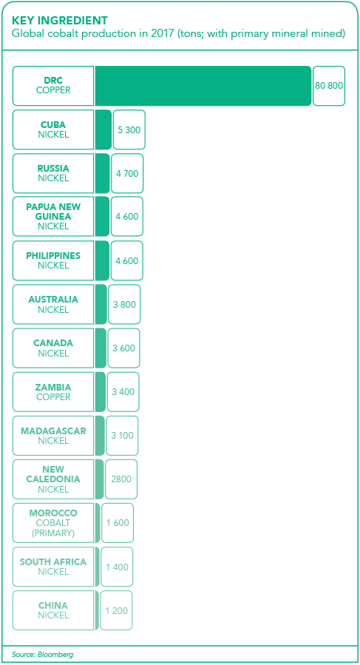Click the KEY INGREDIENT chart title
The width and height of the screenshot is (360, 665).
click(59, 20)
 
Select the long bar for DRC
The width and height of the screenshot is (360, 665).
click(203, 86)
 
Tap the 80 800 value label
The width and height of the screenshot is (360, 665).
click(329, 85)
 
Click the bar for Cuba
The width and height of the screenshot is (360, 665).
click(103, 129)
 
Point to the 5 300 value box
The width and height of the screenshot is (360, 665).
click(129, 129)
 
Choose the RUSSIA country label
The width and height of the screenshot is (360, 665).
click(53, 169)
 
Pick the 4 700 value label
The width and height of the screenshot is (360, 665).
click(127, 173)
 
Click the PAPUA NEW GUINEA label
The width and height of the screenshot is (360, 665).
click(53, 212)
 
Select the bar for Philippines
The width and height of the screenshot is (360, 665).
click(102, 260)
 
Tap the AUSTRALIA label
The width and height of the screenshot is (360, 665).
click(53, 300)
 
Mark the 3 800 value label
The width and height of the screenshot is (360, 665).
click(124, 305)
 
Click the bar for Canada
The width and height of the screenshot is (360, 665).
click(101, 348)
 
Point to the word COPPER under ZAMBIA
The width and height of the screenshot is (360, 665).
click(53, 397)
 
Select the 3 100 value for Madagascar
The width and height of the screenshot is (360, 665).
click(122, 436)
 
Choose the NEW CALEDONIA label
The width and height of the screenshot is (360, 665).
click(53, 474)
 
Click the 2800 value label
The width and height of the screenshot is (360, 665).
click(121, 479)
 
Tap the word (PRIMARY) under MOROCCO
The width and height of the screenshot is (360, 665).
click(53, 533)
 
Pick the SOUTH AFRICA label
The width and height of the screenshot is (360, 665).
click(53, 562)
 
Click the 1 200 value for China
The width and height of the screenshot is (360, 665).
click(117, 611)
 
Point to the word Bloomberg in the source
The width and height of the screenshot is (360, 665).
click(52, 655)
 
